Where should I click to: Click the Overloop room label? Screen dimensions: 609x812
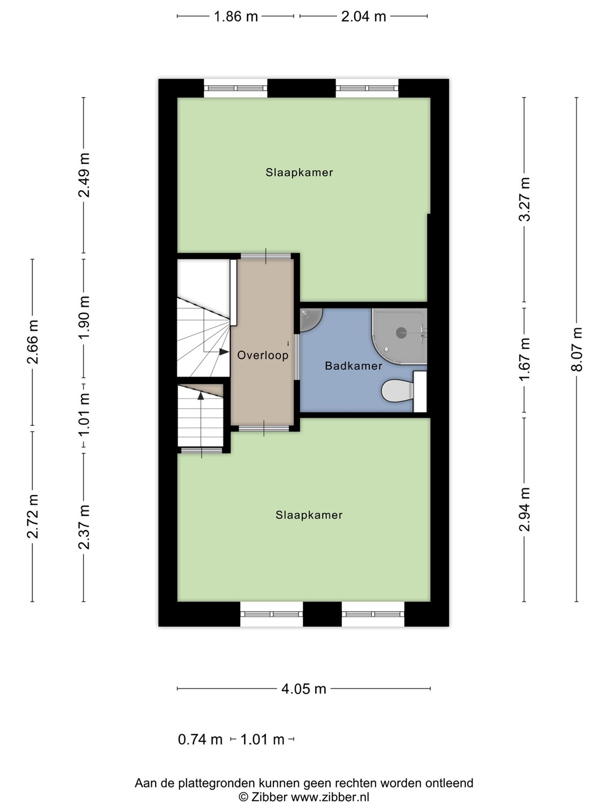pos(263,355)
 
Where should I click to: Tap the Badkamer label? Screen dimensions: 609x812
pos(354,366)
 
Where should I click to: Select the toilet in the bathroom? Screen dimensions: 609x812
pos(398,391)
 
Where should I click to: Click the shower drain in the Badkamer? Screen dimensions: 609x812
pos(401,333)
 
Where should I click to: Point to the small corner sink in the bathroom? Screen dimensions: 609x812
pos(310,320)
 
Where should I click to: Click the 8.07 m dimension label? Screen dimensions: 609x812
pos(577,349)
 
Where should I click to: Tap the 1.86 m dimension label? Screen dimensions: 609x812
pos(236,17)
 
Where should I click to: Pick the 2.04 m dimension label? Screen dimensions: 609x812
pos(364,17)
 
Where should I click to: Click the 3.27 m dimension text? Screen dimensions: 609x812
pos(524,200)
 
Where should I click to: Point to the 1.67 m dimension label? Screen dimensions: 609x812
pos(524,359)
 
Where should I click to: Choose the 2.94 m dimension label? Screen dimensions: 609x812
pos(524,509)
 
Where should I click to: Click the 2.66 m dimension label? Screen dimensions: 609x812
pos(33,342)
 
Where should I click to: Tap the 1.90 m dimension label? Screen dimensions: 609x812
pos(85,317)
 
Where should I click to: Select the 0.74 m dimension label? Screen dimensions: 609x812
pos(200,740)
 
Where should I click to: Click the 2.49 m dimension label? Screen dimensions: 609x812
pos(85,175)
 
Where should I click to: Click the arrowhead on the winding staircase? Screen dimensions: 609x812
pos(224,352)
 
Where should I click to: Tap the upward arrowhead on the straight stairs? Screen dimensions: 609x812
pos(201,396)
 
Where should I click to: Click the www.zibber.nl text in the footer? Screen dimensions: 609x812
pos(330,797)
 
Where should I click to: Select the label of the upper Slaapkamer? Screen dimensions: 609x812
pos(299,173)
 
